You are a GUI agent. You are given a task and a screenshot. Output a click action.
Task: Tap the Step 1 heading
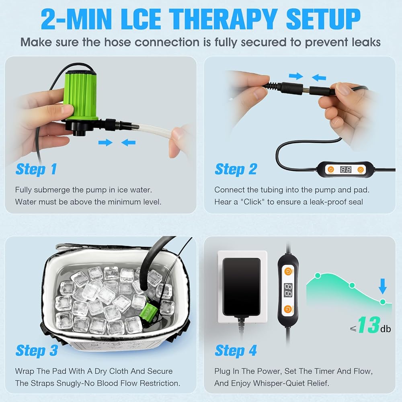[36, 169]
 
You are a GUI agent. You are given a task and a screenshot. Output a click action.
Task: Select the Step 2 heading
[236, 169]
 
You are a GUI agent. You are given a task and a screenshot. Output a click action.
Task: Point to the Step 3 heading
[37, 351]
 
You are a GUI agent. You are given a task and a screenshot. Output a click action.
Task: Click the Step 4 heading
[236, 351]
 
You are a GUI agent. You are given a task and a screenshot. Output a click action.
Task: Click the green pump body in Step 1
[81, 95]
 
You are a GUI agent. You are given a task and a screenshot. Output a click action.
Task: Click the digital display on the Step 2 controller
[346, 170]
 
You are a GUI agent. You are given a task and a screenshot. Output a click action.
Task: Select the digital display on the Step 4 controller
[288, 291]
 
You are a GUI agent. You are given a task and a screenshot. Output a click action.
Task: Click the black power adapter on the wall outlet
[242, 287]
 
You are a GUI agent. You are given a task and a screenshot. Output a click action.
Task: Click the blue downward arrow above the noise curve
[383, 286]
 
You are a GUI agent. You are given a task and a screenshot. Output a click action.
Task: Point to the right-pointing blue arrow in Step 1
[105, 142]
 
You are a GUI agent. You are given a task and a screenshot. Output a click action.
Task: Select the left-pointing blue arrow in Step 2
[319, 77]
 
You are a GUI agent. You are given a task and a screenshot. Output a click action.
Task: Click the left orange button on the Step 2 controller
[331, 170]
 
